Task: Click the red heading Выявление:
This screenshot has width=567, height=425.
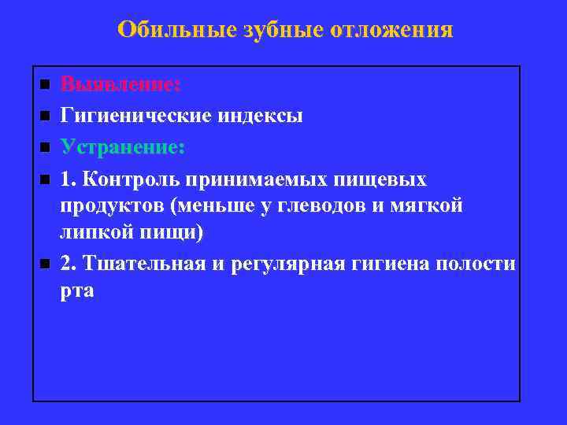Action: pyautogui.click(x=120, y=84)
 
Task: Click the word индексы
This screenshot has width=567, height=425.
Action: pyautogui.click(x=258, y=116)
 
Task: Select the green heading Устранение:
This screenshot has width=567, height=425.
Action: pyautogui.click(x=123, y=148)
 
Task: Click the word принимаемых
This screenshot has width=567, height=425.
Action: pyautogui.click(x=255, y=179)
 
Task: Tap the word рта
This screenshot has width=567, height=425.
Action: pyautogui.click(x=76, y=290)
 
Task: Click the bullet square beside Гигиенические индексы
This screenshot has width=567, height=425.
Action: pyautogui.click(x=45, y=116)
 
